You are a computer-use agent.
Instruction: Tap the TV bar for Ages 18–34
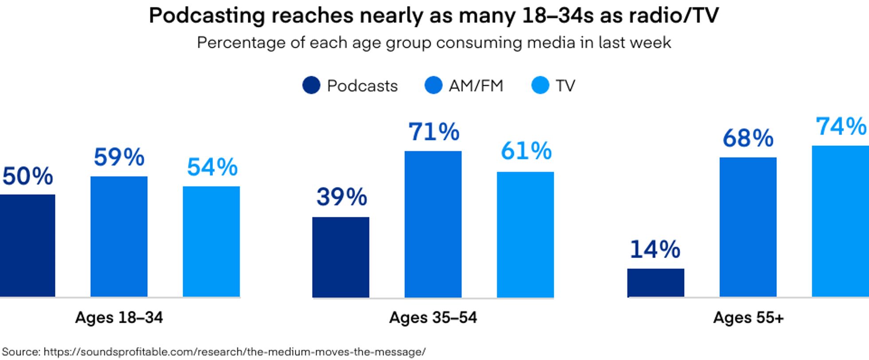point(211,241)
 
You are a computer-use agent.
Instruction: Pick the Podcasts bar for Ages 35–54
point(341,257)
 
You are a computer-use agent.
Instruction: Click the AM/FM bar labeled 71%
point(433,224)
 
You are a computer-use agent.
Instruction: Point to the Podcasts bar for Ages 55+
point(655,282)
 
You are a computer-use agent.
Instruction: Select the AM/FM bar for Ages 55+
point(748,227)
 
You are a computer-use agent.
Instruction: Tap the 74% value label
point(841,126)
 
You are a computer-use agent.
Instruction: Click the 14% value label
point(655,250)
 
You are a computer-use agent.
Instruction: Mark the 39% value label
point(341,197)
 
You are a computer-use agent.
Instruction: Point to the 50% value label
point(27,176)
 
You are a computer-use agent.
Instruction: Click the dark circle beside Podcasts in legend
point(311,86)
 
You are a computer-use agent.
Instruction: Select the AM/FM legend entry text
point(476,86)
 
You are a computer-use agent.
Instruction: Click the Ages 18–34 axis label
point(119,317)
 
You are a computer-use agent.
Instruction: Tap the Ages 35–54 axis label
point(433,317)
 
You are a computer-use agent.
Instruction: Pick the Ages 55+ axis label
point(748,317)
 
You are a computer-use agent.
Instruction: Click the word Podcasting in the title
point(207,16)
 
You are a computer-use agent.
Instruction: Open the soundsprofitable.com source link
point(234,352)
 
